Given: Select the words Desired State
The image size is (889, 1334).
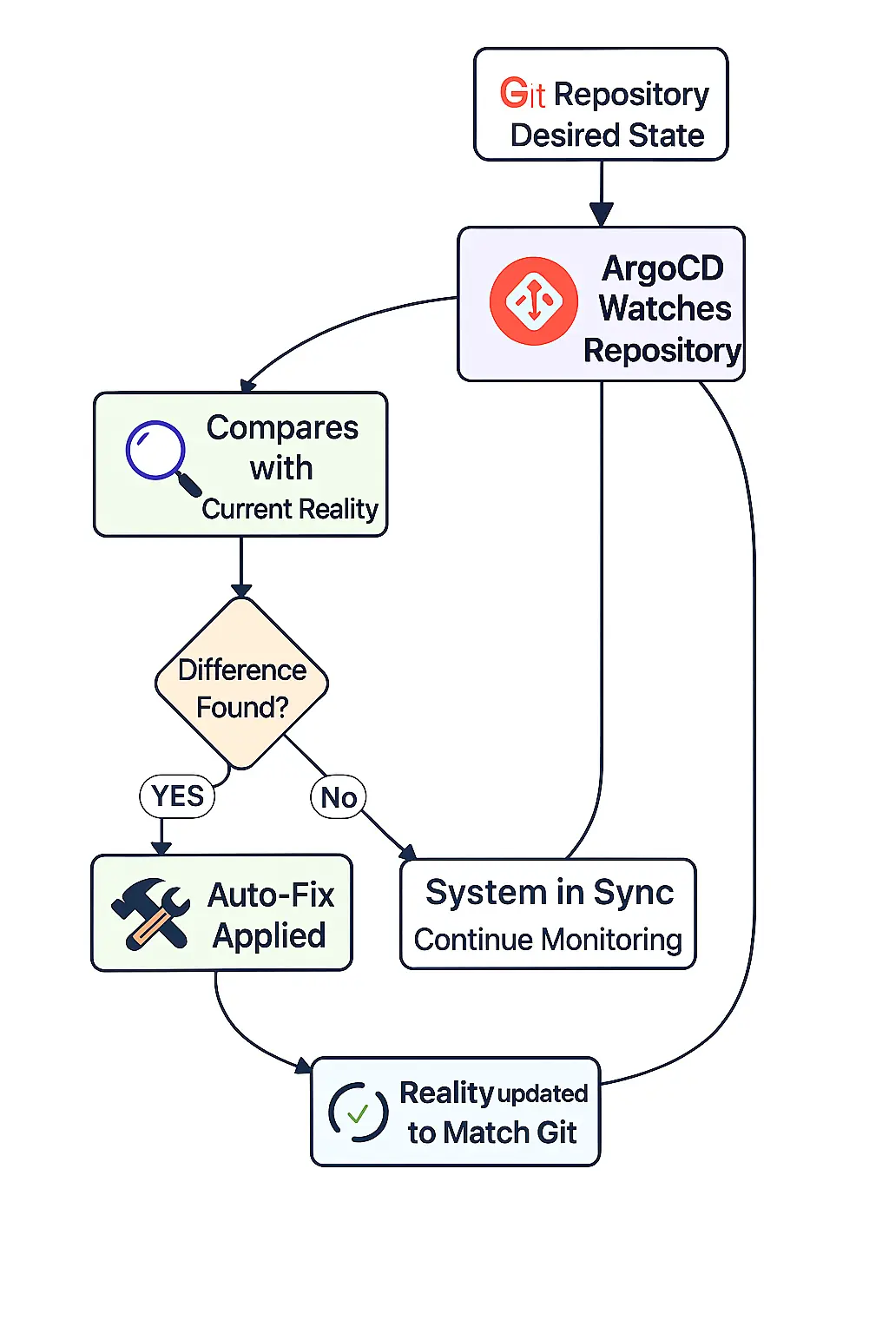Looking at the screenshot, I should [607, 135].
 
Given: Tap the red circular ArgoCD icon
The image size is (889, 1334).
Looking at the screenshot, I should [533, 300].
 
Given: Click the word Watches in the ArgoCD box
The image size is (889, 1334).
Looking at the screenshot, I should [665, 308].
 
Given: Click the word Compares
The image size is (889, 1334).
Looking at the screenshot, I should [282, 427].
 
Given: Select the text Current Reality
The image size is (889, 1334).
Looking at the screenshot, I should [290, 509].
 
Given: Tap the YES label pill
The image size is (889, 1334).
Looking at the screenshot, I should [177, 796].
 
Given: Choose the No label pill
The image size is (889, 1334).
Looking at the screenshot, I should [339, 797].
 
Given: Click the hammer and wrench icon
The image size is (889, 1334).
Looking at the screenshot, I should [150, 913].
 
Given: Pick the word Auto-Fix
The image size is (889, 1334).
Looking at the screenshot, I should [271, 895].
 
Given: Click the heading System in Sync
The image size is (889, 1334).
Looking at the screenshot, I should [549, 893].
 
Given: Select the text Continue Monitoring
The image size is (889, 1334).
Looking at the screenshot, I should [548, 940].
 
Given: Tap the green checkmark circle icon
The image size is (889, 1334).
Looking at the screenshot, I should [358, 1113].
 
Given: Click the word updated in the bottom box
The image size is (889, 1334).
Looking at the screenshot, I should [543, 1093].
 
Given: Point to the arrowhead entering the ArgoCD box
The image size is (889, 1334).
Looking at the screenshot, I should [602, 215].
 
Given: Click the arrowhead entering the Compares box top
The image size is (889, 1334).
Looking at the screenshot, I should [248, 386].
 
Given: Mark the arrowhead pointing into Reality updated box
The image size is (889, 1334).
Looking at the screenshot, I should [303, 1065].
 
